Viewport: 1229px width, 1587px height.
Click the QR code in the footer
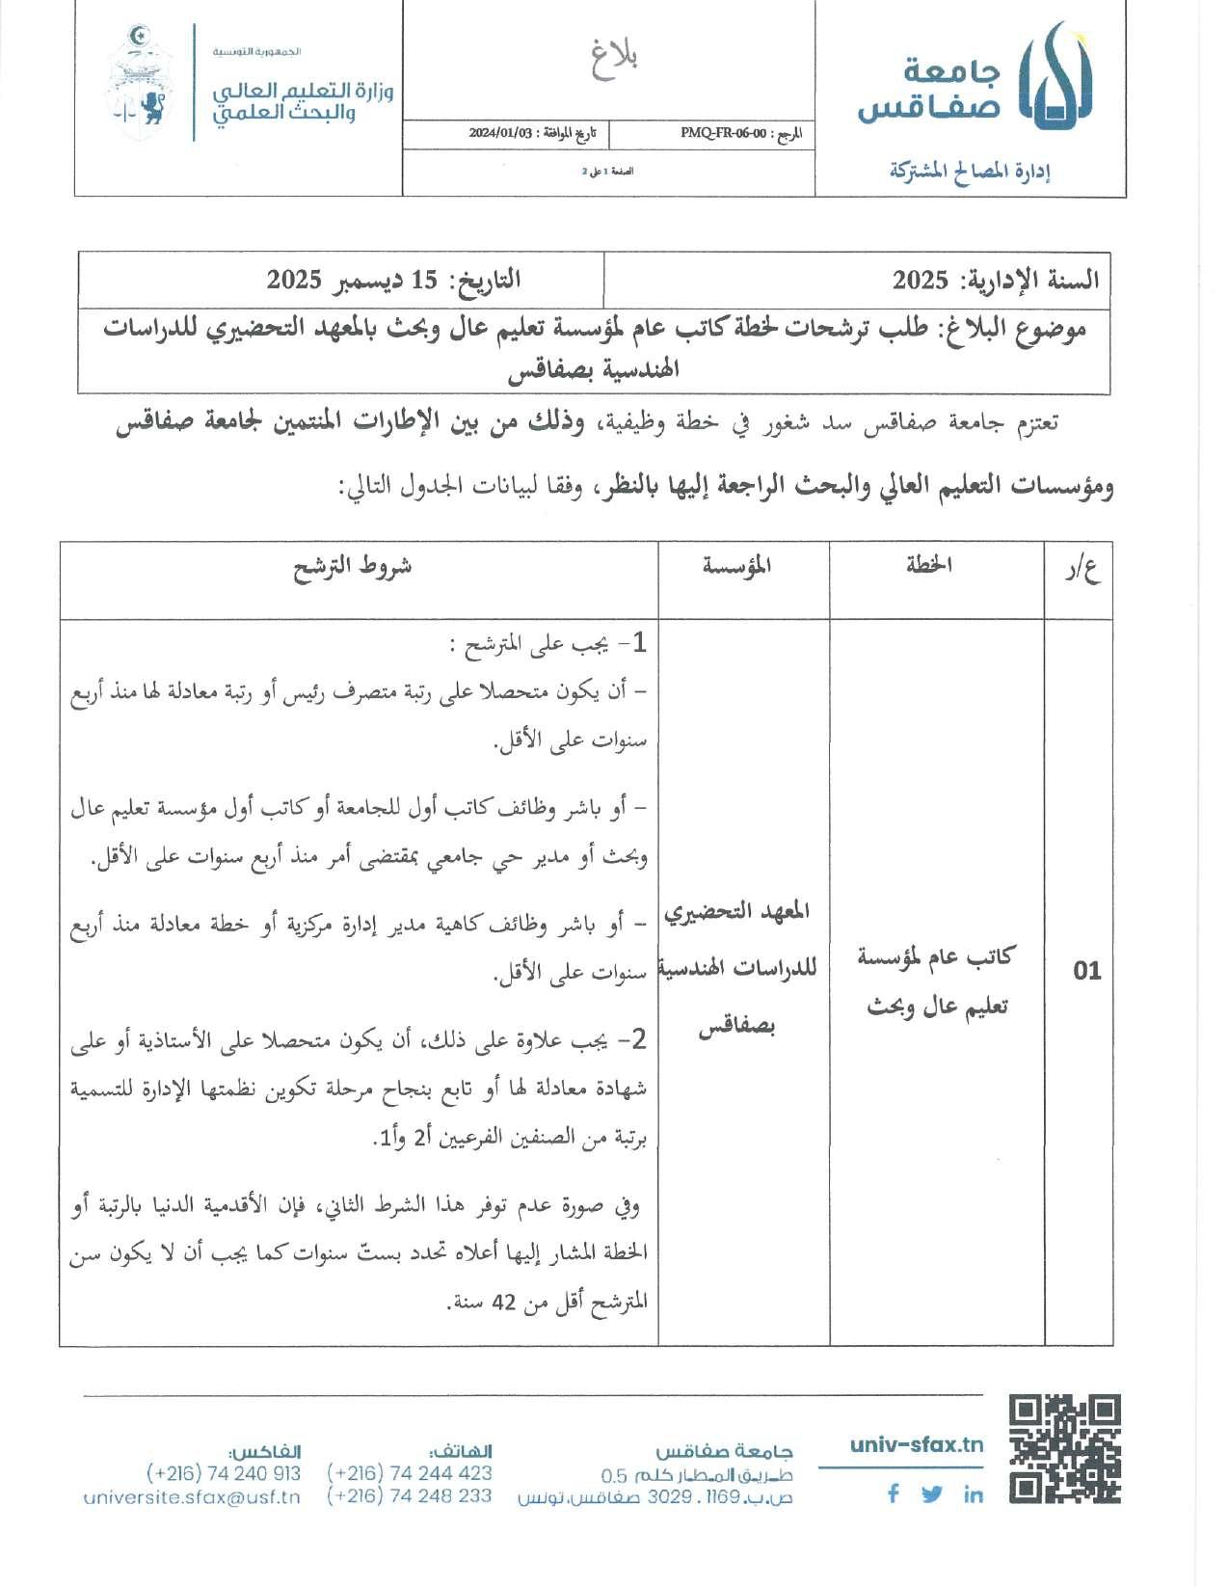pyautogui.click(x=1065, y=1449)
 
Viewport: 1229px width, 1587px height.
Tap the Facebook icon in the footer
pyautogui.click(x=894, y=1493)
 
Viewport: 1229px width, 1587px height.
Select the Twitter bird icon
pyautogui.click(x=931, y=1494)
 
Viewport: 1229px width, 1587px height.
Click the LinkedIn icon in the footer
pyautogui.click(x=973, y=1494)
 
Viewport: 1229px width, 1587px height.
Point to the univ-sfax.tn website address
pyautogui.click(x=917, y=1444)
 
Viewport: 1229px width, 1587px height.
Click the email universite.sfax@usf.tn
pyautogui.click(x=192, y=1497)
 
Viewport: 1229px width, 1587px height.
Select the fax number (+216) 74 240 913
pyautogui.click(x=224, y=1473)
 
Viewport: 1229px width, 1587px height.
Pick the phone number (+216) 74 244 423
pyautogui.click(x=410, y=1473)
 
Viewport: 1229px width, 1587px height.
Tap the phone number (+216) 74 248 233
pyautogui.click(x=410, y=1496)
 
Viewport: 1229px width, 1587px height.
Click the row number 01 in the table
pyautogui.click(x=1086, y=970)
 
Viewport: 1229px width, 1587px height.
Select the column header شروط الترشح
pyautogui.click(x=353, y=566)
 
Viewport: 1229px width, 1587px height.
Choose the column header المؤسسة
pyautogui.click(x=737, y=566)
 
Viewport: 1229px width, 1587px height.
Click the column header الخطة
pyautogui.click(x=929, y=566)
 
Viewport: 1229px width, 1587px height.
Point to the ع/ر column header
pyautogui.click(x=1082, y=570)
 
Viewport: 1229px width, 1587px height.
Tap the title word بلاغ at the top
pyautogui.click(x=613, y=60)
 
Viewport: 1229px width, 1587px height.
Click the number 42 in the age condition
pyautogui.click(x=504, y=1303)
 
